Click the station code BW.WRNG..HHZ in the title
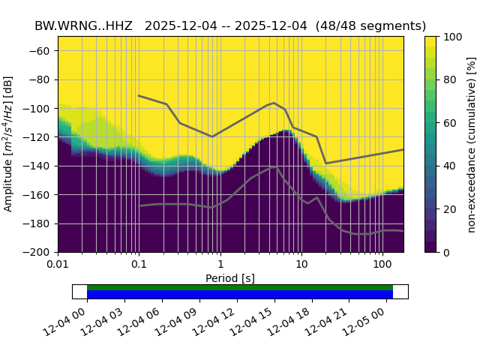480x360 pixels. click(x=83, y=26)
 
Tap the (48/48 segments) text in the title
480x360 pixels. click(x=370, y=26)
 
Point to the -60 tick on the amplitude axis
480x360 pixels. click(x=43, y=51)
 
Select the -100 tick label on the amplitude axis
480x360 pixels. click(x=40, y=109)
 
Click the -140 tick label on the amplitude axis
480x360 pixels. click(x=40, y=166)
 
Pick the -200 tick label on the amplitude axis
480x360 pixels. click(x=40, y=253)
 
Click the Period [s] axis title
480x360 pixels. click(x=230, y=278)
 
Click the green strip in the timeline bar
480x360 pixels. click(x=240, y=287)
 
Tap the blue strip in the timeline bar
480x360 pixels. click(x=240, y=294)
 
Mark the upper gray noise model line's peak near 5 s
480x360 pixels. click(x=274, y=103)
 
